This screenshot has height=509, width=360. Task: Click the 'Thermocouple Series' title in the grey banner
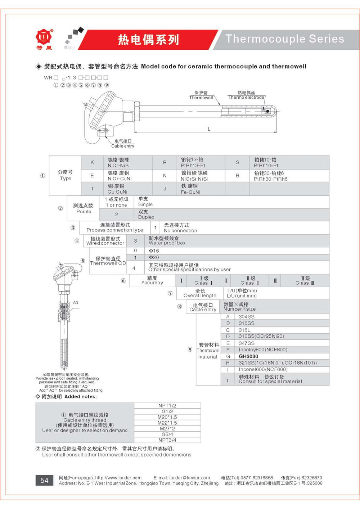pos(285,39)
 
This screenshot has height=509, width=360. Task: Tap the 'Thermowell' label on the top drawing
pos(201,98)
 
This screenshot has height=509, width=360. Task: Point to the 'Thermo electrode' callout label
pos(246,97)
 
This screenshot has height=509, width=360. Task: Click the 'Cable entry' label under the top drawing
pos(123,146)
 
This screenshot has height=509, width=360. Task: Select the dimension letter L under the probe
pos(209,129)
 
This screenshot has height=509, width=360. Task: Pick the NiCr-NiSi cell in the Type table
pos(119,165)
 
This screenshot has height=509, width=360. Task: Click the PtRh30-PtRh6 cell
pos(271,179)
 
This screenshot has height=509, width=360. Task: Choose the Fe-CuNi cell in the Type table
pos(190,192)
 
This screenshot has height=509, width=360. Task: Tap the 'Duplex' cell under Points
pos(146,217)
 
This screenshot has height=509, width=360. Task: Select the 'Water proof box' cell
pos(167,243)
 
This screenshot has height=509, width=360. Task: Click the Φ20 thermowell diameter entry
pos(154,257)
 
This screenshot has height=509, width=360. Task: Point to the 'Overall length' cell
pos(200,296)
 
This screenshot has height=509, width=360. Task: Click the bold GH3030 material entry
pos(248,356)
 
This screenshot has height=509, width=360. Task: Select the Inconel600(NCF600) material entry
pos(263,369)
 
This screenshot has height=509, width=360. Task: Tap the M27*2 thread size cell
pos(167,428)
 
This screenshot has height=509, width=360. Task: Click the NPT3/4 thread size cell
pos(167,440)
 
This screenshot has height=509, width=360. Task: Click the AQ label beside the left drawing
pos(76,302)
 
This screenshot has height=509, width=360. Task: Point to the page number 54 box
pos(44,480)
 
